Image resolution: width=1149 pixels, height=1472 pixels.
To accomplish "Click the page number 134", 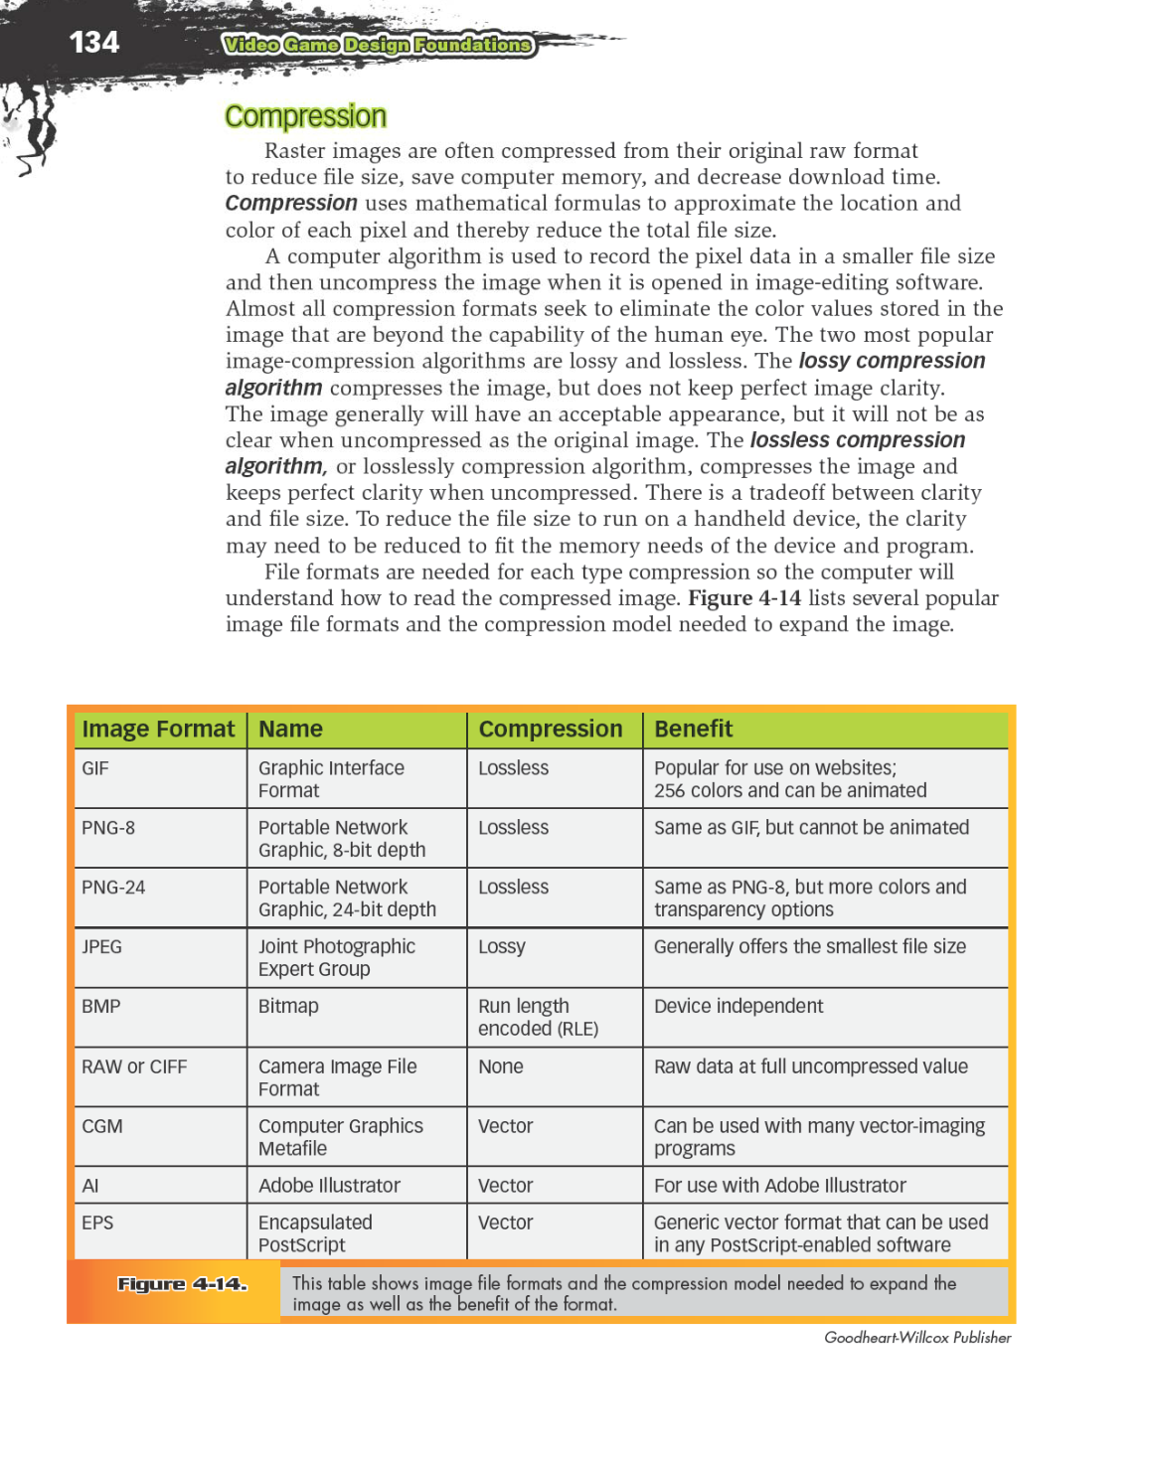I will point(93,43).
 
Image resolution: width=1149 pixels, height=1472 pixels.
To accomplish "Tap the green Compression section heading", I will point(305,117).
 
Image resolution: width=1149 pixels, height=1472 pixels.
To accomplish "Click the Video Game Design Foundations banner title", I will point(378,45).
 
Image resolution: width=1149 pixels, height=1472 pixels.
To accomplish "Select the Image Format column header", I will point(158,730).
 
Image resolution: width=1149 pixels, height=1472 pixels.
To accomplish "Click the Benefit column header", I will point(693,730).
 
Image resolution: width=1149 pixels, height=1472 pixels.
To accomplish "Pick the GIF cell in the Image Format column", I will point(95,768).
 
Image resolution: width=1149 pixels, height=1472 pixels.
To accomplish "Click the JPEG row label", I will point(101,947).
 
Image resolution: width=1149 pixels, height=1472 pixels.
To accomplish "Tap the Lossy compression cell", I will point(502,947).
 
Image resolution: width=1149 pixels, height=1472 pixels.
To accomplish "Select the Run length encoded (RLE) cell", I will point(538,1018).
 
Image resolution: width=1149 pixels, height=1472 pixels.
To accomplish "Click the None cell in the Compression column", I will point(500,1066).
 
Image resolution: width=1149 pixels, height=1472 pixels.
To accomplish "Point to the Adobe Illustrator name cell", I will point(329,1186).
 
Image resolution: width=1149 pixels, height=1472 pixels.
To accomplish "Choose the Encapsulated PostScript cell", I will point(315,1233).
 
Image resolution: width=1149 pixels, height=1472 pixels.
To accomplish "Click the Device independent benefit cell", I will point(738,1007).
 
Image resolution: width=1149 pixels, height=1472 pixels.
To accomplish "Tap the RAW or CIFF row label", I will point(134,1067).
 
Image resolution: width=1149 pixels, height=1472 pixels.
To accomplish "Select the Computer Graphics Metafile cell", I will point(340,1137).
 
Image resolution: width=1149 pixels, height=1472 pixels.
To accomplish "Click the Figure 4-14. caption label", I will point(182,1284).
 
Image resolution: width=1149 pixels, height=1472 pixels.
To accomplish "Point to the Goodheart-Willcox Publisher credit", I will point(916,1338).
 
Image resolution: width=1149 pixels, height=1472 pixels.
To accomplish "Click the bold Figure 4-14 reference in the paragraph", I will point(743,598).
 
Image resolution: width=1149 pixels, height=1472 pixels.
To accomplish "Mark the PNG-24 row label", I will point(113,888).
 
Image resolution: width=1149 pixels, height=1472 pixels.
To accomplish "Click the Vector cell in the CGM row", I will point(505,1126).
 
